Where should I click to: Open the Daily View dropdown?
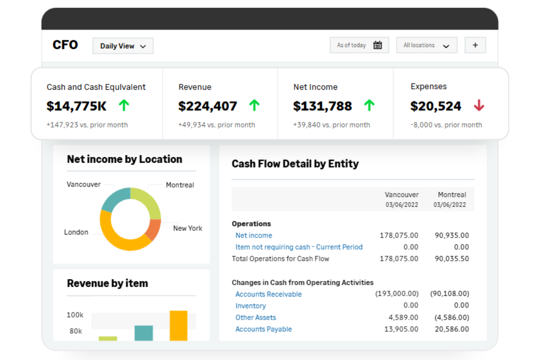(x=123, y=46)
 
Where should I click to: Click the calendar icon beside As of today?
(x=378, y=45)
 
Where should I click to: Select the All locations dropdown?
(x=426, y=45)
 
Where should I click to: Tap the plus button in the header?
(x=475, y=45)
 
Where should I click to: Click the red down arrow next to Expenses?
(x=479, y=105)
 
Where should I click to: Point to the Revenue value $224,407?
(x=207, y=106)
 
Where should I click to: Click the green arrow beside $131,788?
(x=369, y=105)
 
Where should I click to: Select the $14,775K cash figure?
(x=76, y=106)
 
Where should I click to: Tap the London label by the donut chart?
(x=76, y=232)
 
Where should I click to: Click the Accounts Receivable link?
(x=268, y=294)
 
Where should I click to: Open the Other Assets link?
(x=255, y=317)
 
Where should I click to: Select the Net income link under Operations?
(x=254, y=235)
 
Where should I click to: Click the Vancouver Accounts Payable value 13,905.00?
(x=401, y=329)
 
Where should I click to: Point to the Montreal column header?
(x=451, y=195)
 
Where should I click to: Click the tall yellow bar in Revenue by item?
(x=178, y=325)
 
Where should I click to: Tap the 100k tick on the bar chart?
(x=75, y=315)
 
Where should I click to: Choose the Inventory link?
(x=250, y=306)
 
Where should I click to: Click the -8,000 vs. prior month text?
(x=446, y=125)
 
